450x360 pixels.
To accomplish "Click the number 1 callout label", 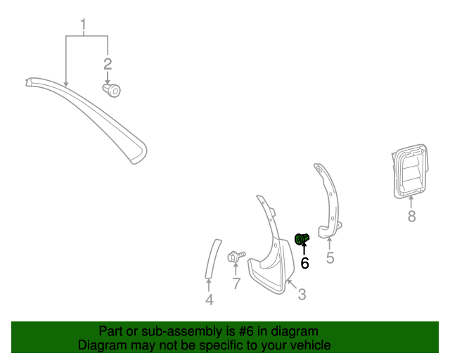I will click(83, 27).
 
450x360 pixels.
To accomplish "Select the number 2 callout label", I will click(108, 65).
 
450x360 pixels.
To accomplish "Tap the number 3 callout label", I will click(302, 295).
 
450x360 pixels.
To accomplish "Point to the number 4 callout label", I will click(209, 301).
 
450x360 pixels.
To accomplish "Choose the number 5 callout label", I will click(330, 258).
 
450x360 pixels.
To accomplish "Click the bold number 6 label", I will click(304, 263).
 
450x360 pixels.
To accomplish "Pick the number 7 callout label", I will click(236, 284).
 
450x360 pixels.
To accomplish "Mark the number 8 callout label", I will click(412, 217).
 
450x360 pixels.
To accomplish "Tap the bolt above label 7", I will click(236, 257).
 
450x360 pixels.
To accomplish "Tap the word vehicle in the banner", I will click(309, 345).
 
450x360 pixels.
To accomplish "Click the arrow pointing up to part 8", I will click(411, 202).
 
